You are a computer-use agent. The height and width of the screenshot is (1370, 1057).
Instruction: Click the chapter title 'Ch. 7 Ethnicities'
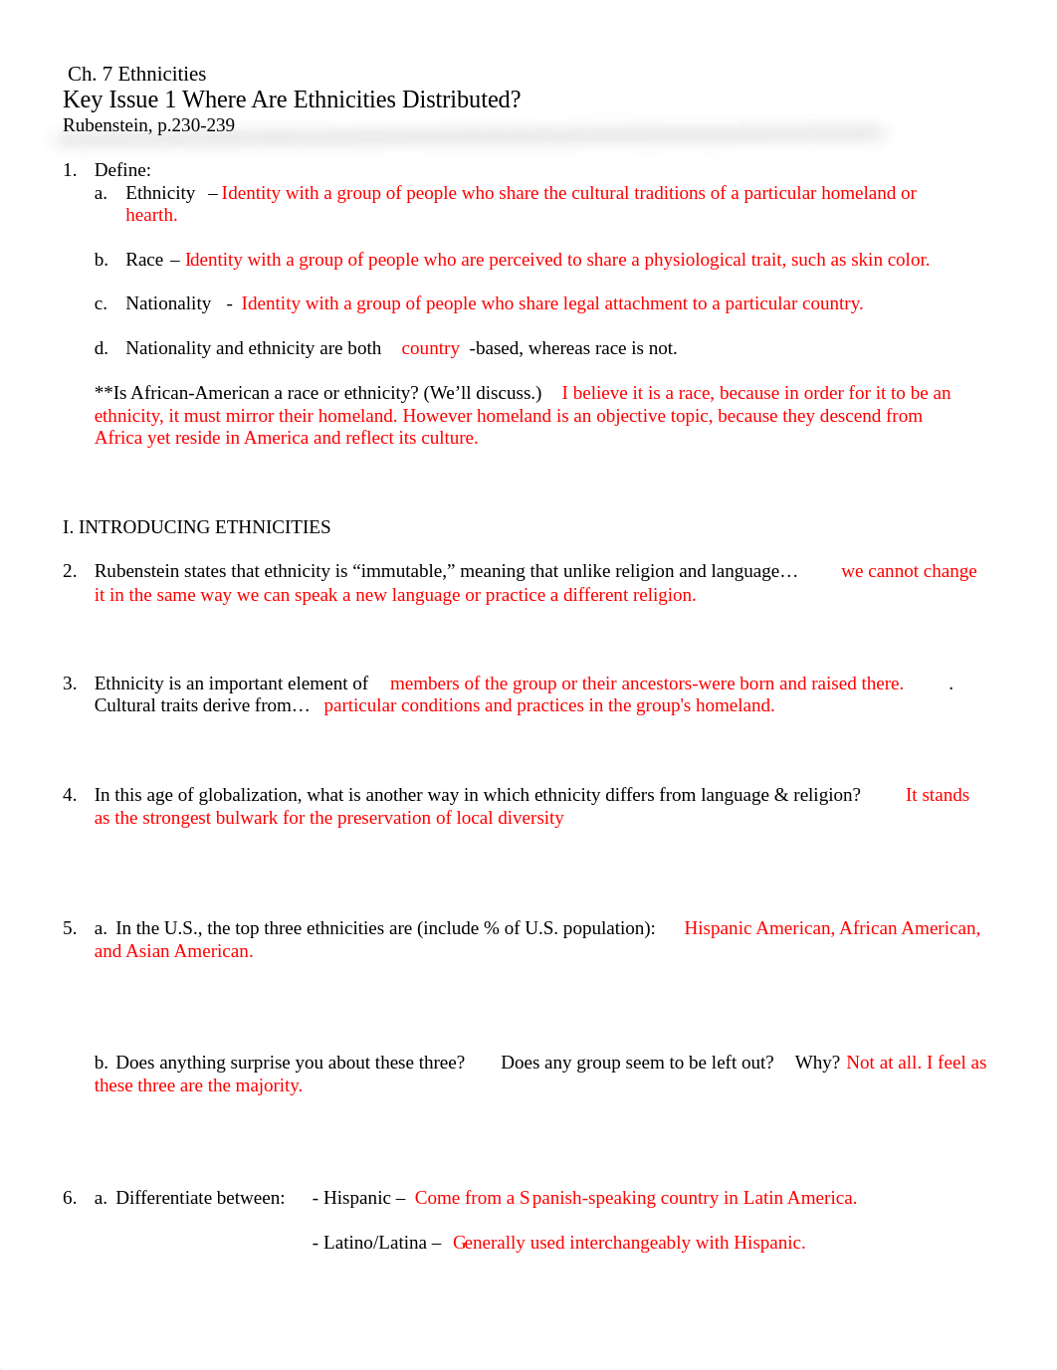136,74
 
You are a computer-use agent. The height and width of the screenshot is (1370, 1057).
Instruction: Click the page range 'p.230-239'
196,125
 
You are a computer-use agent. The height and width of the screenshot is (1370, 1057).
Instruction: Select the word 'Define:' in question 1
122,170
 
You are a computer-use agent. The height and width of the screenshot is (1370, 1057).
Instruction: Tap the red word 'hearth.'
151,215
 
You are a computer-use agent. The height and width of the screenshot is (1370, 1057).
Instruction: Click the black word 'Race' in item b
144,260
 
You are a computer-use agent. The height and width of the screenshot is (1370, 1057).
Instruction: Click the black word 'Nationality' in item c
168,303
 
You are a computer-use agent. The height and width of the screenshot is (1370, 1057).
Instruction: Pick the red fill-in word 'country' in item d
430,348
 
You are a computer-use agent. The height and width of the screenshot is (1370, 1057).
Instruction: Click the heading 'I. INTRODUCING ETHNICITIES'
196,527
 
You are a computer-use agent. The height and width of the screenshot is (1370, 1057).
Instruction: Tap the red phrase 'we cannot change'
909,571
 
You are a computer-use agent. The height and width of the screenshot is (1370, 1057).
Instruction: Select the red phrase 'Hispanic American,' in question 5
759,928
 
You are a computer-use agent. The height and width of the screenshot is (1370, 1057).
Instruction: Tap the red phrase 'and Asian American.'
174,951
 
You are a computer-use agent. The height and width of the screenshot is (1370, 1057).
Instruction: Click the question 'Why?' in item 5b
817,1063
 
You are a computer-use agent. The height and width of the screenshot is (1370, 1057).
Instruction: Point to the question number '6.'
70,1198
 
